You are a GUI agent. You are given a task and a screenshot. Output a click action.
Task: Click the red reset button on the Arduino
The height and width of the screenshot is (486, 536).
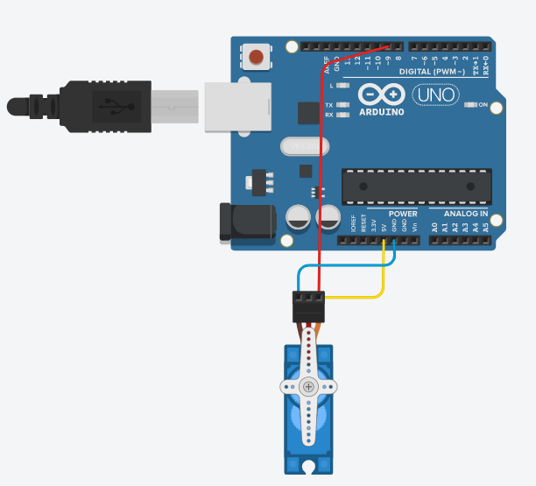coord(257,58)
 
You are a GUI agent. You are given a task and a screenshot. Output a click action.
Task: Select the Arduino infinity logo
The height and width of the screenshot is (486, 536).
coord(382,95)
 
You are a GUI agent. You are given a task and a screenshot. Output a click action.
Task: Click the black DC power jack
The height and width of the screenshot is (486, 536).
coord(245,222)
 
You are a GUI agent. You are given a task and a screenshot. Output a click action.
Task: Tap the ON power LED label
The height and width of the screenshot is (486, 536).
coord(482,105)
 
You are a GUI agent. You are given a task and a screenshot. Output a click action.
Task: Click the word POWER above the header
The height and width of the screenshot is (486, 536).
coord(403,214)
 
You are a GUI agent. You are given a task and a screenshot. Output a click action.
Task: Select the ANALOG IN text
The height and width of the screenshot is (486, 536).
coord(465,214)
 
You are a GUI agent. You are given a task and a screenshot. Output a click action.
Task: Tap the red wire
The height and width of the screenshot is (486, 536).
coord(320,175)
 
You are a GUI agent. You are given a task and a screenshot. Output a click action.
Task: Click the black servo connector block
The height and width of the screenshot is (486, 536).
coord(307,307)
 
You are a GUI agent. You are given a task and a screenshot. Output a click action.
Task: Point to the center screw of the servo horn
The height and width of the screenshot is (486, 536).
coord(307,386)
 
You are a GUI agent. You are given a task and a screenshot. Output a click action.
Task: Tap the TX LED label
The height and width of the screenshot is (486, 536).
coord(328,105)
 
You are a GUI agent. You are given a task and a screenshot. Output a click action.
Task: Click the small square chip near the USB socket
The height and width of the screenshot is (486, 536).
coord(308,113)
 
